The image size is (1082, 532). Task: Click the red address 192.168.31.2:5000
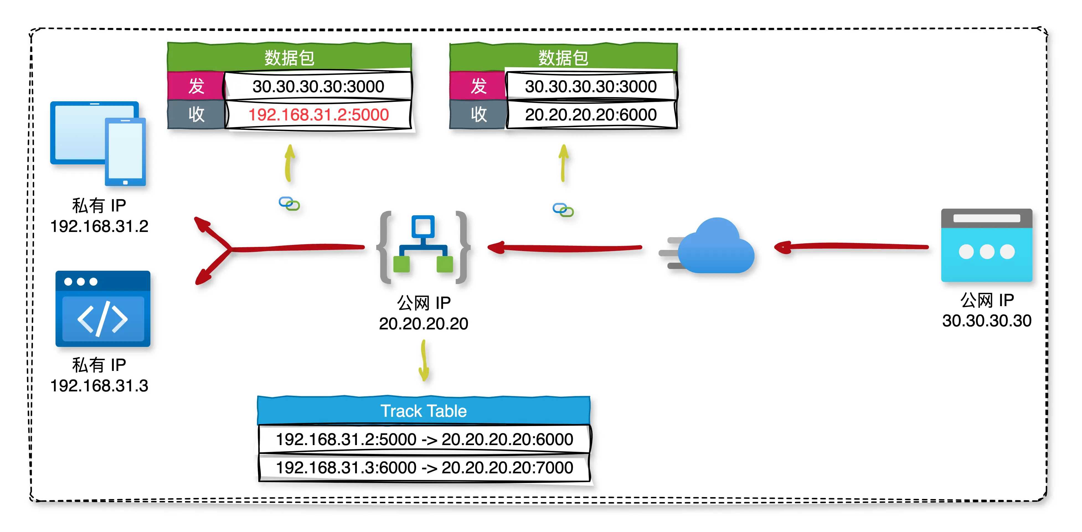(x=318, y=115)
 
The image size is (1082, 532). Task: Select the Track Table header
(x=423, y=411)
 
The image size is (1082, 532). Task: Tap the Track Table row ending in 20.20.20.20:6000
(x=424, y=439)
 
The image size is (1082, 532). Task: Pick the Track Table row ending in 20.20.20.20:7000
(x=424, y=467)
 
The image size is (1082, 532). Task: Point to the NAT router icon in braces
(x=423, y=247)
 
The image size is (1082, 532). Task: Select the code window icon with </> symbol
(x=103, y=309)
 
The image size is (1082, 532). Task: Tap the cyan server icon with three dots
(x=986, y=246)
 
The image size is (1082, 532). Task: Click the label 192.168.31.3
(x=99, y=386)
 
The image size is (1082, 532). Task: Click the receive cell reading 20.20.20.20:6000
(x=591, y=115)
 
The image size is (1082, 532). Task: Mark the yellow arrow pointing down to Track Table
(x=424, y=360)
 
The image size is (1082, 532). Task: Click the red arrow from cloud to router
(x=565, y=248)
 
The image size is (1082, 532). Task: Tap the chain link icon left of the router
(x=289, y=204)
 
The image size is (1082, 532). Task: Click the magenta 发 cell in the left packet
(x=196, y=86)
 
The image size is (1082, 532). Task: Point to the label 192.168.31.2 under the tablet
(x=99, y=226)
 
